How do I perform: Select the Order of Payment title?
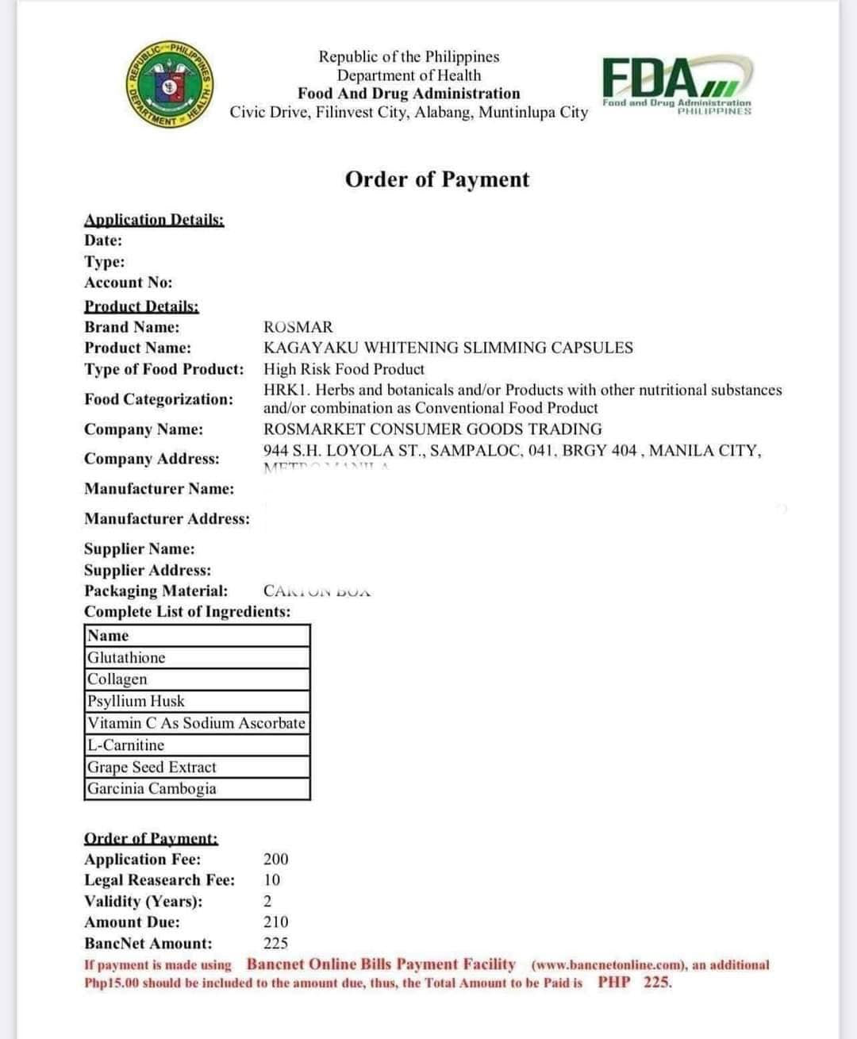[436, 179]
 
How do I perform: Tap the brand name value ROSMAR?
[298, 327]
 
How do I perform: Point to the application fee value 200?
[276, 859]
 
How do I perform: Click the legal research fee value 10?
[272, 879]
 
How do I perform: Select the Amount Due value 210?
[276, 922]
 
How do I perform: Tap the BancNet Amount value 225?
[276, 943]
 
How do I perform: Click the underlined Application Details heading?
[154, 220]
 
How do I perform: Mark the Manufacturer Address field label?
[167, 519]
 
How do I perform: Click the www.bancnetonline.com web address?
[607, 965]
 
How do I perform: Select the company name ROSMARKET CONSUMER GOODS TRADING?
[432, 429]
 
